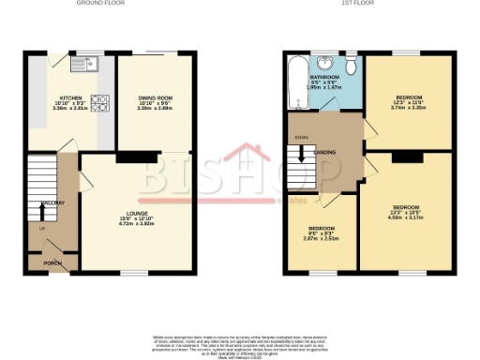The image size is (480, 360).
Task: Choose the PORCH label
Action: tap(52, 262)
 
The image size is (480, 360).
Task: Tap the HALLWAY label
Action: tap(52, 202)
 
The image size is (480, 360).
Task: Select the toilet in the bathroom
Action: tap(349, 66)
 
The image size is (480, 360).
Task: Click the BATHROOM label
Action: tap(325, 77)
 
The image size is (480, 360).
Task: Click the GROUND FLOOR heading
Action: tap(102, 4)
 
